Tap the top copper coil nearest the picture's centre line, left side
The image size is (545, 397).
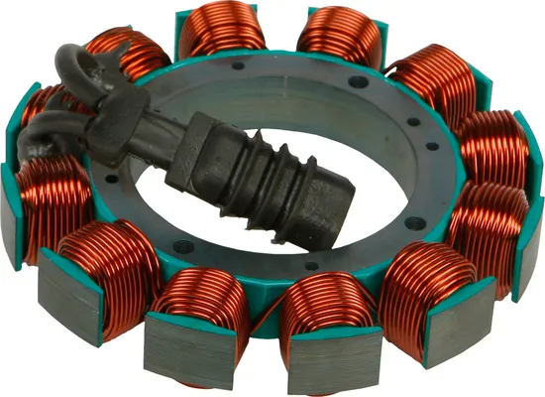click(223, 30)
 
